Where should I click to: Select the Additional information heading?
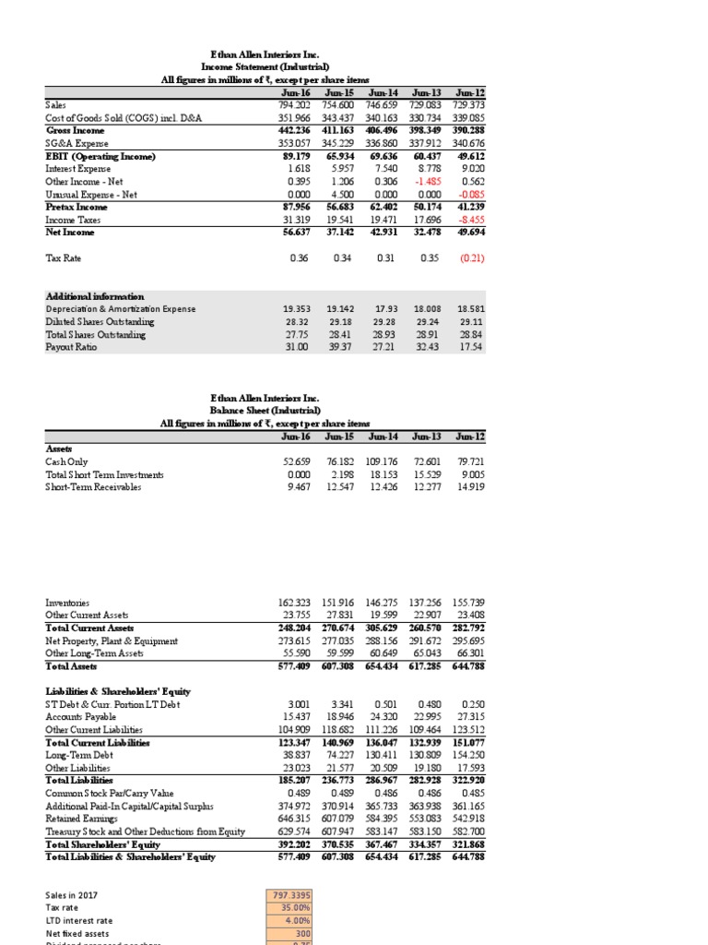(x=95, y=296)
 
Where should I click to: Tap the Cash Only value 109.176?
(x=383, y=461)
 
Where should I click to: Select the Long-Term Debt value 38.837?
(x=299, y=755)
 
